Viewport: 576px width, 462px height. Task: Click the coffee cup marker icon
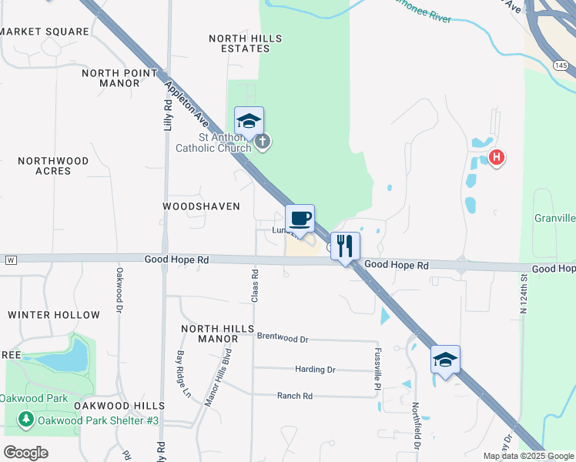(300, 218)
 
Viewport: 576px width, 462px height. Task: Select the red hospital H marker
(497, 159)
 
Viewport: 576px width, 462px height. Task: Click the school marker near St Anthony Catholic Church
(249, 121)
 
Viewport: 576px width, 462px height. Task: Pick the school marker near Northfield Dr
(445, 360)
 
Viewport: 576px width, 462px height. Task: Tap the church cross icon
(263, 142)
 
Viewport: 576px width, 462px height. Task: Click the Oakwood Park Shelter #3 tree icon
(26, 420)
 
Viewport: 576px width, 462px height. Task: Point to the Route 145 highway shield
(561, 65)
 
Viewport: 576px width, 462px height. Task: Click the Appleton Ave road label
(186, 100)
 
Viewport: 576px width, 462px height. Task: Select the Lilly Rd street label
(167, 113)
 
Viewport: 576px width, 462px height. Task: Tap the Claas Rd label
(254, 284)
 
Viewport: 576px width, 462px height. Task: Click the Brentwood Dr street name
(282, 338)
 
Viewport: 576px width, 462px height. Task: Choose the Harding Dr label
(315, 370)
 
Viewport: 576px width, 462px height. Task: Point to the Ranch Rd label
(295, 396)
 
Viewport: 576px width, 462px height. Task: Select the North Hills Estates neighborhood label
(246, 43)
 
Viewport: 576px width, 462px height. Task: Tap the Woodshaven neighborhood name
(202, 206)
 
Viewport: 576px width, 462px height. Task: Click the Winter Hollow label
(54, 315)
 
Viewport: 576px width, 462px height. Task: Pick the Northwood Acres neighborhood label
(53, 166)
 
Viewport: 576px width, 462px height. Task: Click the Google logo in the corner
(25, 452)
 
